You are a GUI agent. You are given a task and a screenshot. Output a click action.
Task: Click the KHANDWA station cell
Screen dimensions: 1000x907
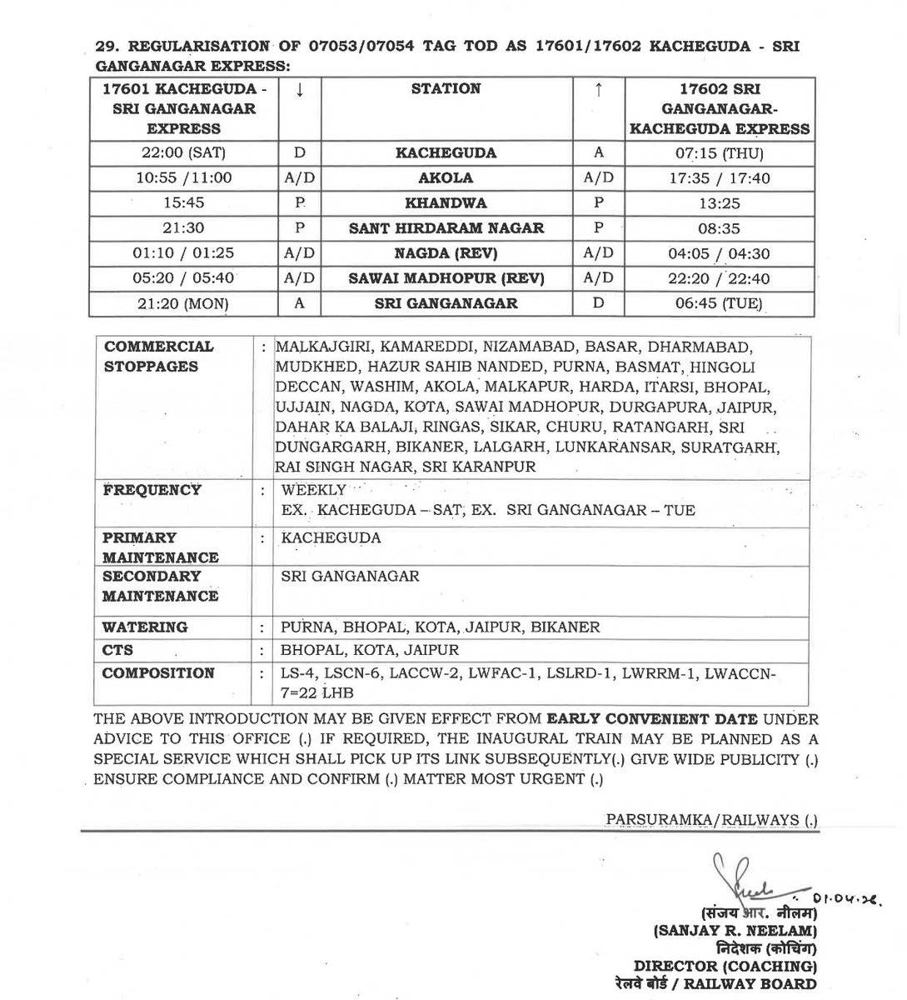[446, 203]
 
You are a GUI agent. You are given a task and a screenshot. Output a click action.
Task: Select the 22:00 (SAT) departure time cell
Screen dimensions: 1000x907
[184, 153]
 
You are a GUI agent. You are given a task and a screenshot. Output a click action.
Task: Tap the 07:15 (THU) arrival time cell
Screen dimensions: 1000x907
[720, 153]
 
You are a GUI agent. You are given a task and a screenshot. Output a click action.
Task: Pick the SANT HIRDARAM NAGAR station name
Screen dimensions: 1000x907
[446, 228]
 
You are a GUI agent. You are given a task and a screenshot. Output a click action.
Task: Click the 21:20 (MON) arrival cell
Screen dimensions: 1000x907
[184, 303]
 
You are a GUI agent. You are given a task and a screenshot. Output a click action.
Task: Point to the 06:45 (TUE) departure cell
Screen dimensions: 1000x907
[720, 303]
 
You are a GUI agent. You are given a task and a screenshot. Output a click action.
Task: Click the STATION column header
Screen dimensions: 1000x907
[446, 88]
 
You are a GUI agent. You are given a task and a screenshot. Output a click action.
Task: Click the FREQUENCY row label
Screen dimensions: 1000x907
[152, 490]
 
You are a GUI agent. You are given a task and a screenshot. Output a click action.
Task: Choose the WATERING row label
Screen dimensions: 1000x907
[145, 627]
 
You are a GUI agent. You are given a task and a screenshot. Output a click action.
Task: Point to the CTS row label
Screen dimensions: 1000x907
[117, 650]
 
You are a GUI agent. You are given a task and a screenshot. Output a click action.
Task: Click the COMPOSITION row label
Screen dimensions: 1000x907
[158, 672]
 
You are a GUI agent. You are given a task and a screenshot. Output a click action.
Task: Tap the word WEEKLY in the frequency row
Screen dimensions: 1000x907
[313, 490]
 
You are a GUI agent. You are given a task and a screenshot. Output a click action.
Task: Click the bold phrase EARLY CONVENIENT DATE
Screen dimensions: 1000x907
[652, 718]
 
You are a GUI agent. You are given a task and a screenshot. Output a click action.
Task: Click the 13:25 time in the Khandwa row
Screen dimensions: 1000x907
[720, 203]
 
